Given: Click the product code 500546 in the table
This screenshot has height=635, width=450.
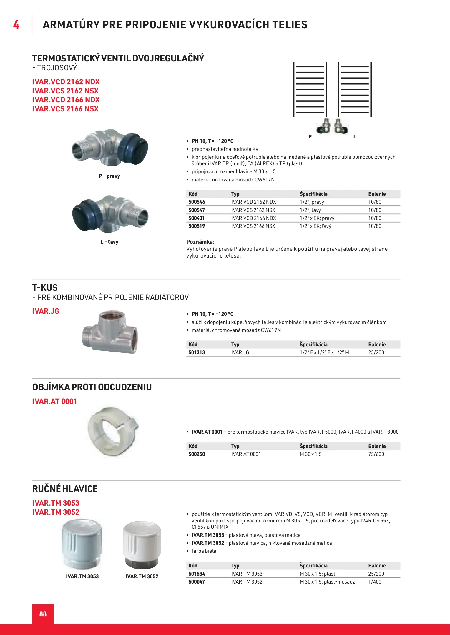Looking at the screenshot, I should point(197,202).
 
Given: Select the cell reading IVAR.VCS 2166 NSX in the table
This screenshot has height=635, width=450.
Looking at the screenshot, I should point(253,226).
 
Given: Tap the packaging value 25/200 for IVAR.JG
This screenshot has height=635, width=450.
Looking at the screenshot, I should point(376,352).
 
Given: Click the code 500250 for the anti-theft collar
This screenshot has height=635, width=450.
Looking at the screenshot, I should point(197,454).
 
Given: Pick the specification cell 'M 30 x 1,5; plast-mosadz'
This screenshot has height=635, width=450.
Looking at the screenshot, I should point(327,582).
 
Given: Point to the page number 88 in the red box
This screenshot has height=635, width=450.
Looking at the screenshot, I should point(43,614).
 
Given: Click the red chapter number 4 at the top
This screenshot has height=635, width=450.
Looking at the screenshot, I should point(16,25).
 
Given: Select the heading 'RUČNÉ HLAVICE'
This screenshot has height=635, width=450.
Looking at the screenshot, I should point(65,489).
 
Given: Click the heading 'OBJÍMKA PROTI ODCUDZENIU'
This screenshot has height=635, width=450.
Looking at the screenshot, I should point(92,387).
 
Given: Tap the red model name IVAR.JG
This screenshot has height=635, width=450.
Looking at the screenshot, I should point(46,311).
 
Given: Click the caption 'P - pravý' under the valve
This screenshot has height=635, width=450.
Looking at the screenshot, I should point(109,176).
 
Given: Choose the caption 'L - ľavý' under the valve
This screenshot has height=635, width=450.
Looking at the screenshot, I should point(109,242).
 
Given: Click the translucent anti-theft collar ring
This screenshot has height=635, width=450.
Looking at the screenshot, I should point(113,431).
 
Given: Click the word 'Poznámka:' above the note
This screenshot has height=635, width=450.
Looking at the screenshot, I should point(200,242).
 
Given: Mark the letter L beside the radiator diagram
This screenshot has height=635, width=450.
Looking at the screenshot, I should point(355,137).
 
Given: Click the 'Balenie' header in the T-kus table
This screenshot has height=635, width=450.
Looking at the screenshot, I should point(377,345).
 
